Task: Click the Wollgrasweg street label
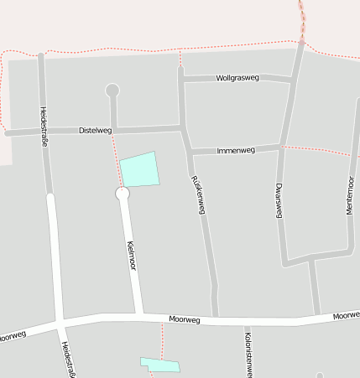(237, 78)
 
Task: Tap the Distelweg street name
(95, 131)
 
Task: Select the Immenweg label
(236, 151)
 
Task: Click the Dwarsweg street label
(279, 201)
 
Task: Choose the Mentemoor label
(350, 196)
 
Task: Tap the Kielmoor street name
(130, 255)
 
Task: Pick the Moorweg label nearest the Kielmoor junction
(185, 319)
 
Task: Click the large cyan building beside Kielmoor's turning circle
(139, 169)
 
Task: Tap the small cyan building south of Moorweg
(159, 365)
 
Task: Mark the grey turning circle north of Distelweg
(112, 91)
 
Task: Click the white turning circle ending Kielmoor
(123, 194)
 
